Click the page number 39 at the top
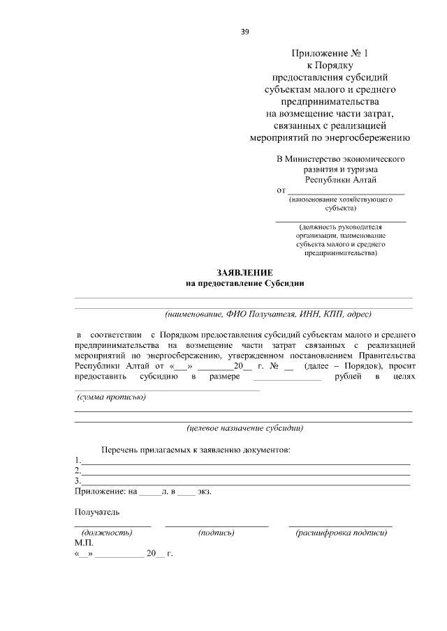(x=244, y=31)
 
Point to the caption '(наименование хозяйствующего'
(x=340, y=199)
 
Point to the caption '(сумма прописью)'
(x=110, y=397)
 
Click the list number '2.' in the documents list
(x=78, y=471)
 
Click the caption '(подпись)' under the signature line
(x=216, y=533)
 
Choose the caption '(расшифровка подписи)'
(x=341, y=533)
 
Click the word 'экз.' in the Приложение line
(x=204, y=492)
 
